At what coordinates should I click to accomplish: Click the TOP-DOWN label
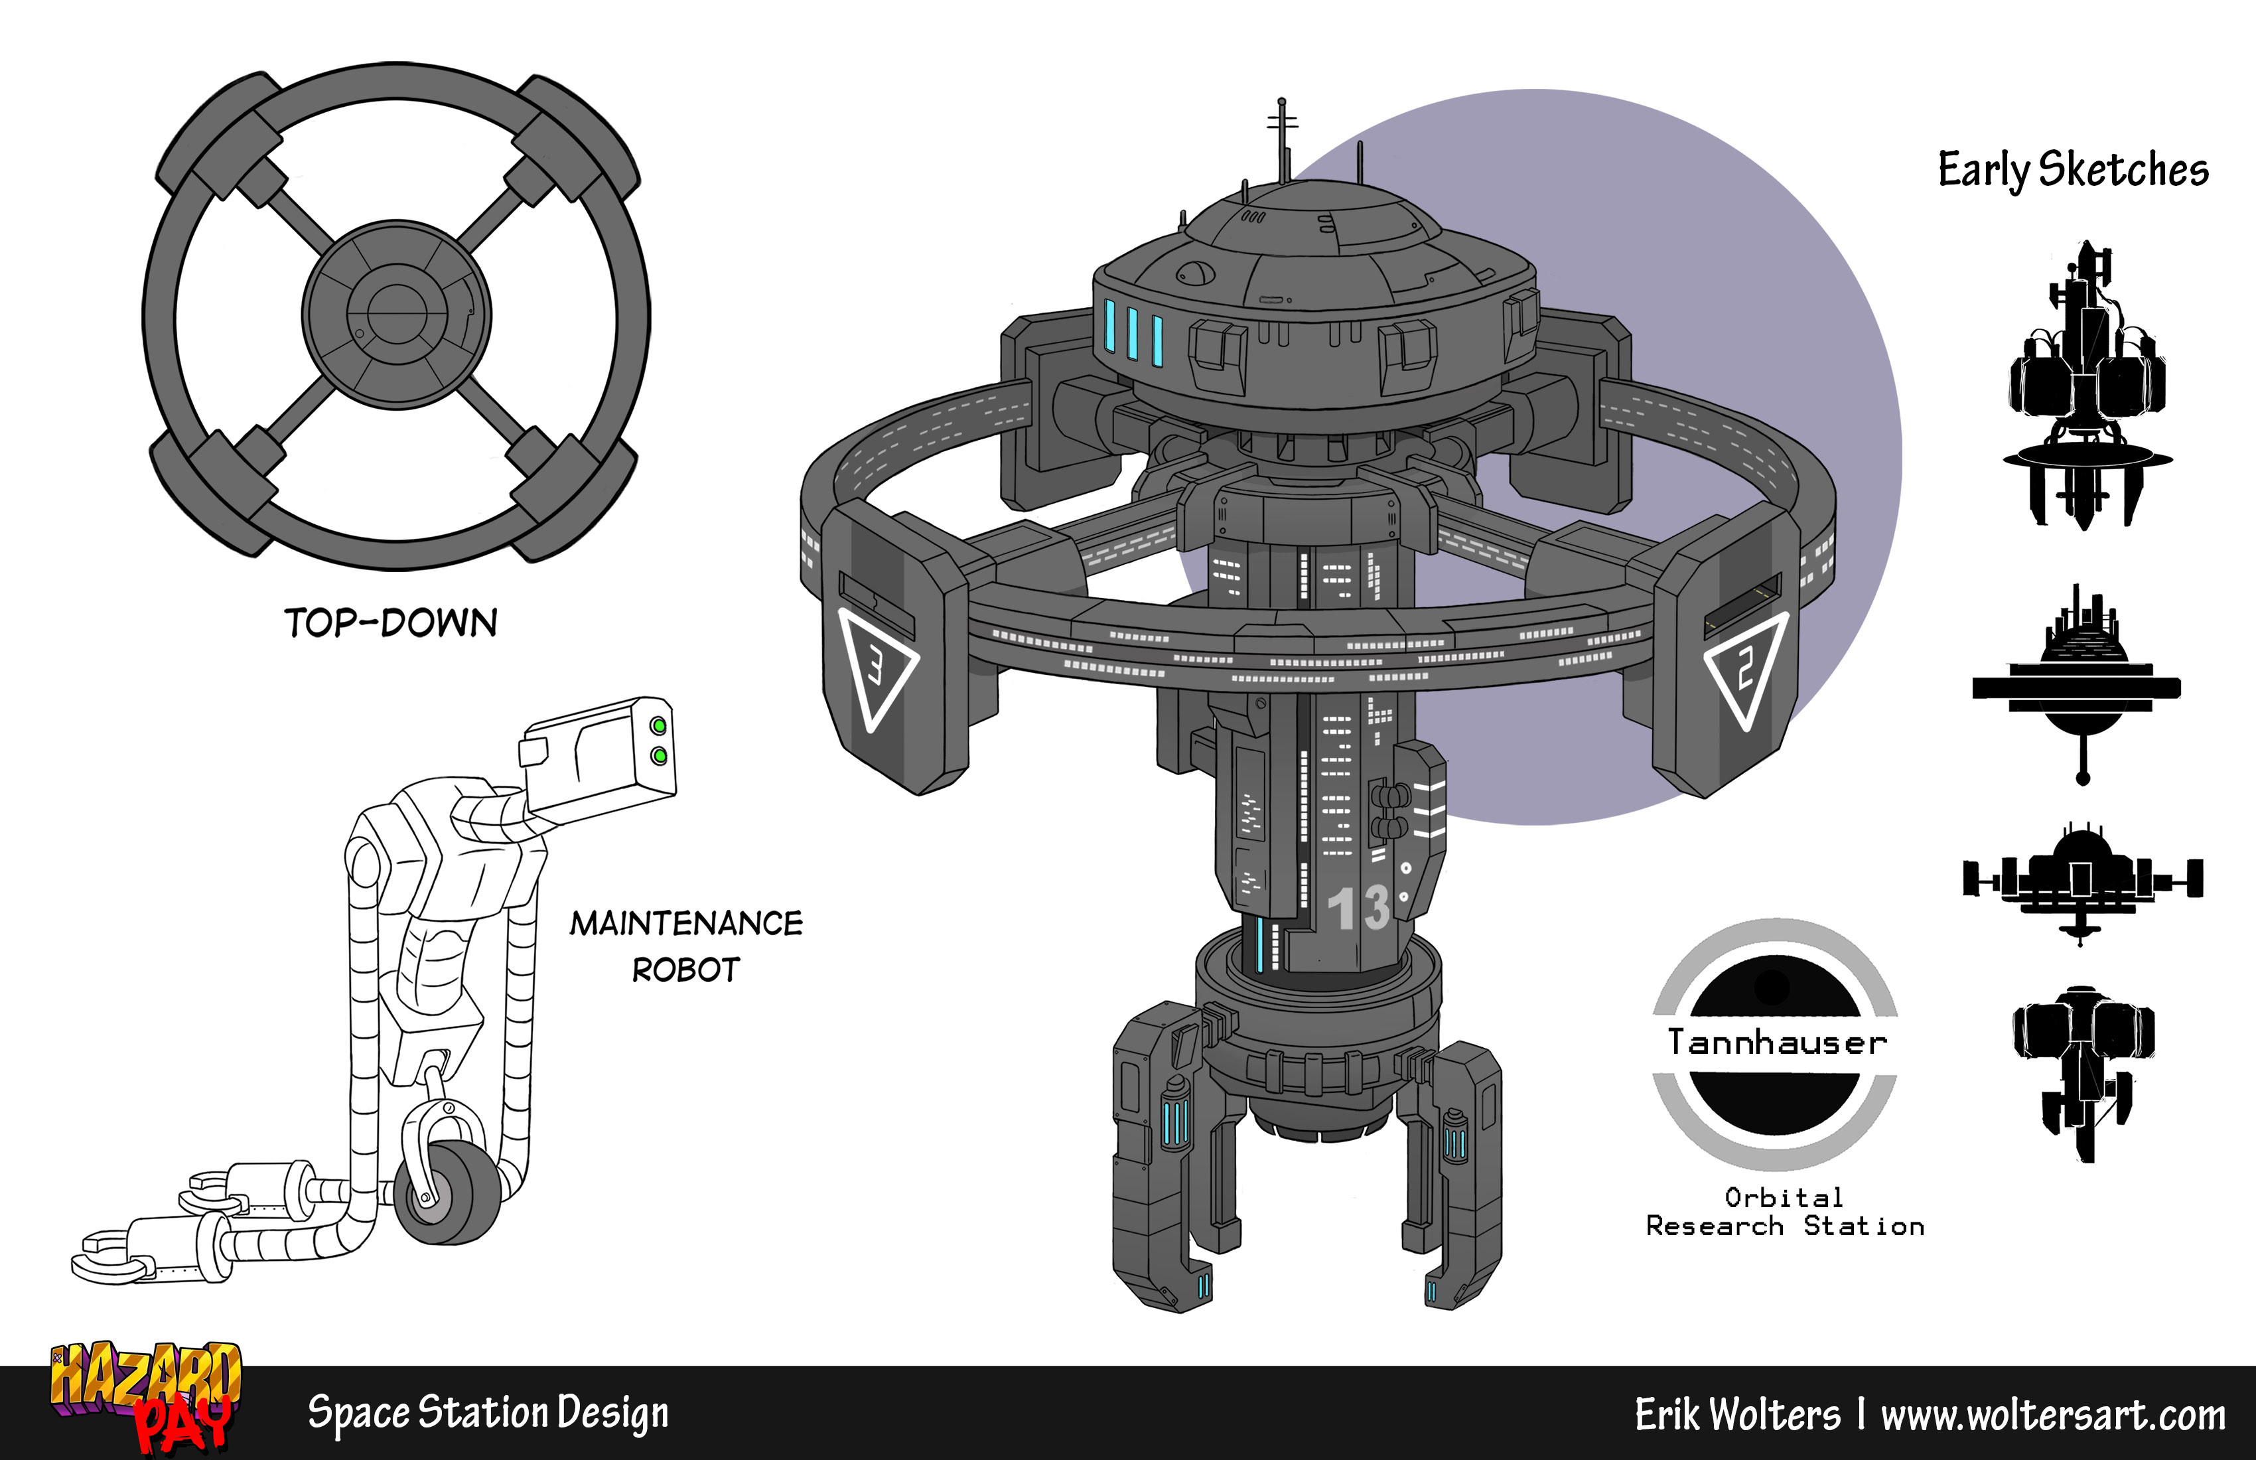click(x=391, y=623)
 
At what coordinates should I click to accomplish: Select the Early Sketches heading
click(x=2073, y=171)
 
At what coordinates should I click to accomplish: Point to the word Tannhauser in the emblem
click(x=1778, y=1042)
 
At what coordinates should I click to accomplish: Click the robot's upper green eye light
click(x=658, y=726)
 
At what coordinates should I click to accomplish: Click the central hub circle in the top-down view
click(x=396, y=315)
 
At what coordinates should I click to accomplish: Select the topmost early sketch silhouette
click(x=2085, y=384)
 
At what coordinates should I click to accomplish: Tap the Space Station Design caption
click(x=488, y=1414)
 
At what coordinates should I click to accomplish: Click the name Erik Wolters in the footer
click(x=1738, y=1414)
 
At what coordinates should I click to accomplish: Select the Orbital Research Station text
click(x=1785, y=1212)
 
